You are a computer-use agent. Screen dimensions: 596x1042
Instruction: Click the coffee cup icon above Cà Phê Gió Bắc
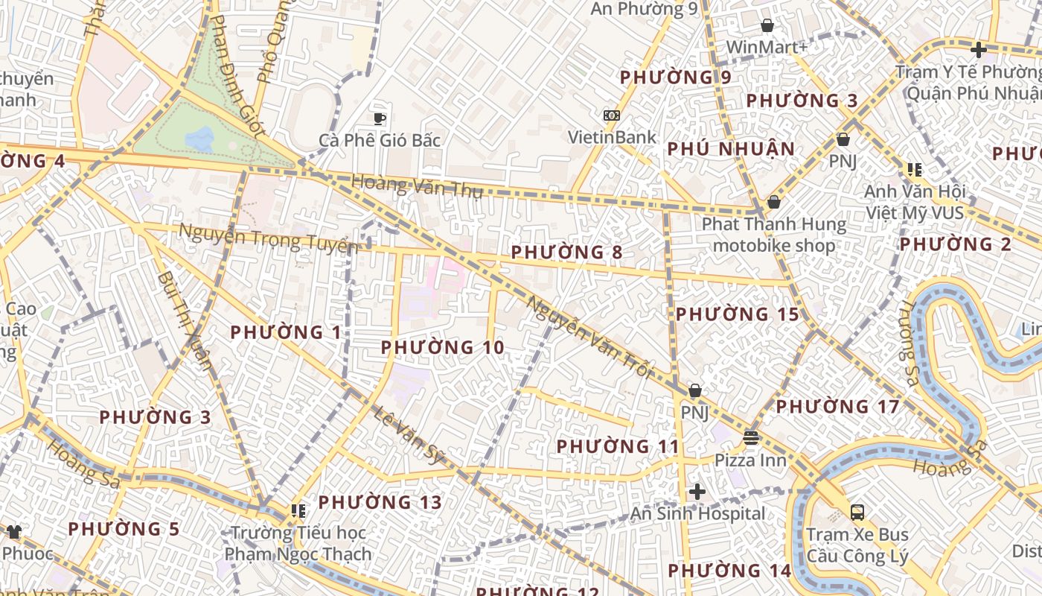[380, 118]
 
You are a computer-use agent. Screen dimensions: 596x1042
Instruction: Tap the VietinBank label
[612, 137]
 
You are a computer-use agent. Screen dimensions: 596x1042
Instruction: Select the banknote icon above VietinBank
[612, 115]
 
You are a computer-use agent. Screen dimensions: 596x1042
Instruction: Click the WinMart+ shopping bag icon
[767, 26]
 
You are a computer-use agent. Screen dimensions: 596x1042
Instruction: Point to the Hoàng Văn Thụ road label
[417, 186]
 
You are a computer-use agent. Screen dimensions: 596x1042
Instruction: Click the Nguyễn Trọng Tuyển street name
[268, 239]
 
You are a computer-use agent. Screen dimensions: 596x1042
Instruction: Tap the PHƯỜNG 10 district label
[442, 347]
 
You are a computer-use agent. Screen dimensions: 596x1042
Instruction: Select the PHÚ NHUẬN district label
[731, 149]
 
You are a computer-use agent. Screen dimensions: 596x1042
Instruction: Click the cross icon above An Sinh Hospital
[697, 492]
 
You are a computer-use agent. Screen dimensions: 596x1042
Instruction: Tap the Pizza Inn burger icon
[750, 437]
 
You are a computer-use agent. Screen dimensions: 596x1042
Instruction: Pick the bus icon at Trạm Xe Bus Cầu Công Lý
[857, 512]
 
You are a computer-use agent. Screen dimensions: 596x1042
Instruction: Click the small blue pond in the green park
[199, 137]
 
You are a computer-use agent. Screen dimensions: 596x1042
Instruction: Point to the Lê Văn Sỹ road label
[408, 435]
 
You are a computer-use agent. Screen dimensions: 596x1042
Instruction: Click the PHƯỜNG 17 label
[837, 407]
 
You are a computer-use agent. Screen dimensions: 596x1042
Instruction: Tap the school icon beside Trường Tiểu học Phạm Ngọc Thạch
[298, 510]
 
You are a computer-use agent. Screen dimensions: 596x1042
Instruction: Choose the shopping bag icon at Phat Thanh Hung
[774, 202]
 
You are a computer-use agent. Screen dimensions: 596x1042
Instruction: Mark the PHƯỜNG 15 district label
[737, 314]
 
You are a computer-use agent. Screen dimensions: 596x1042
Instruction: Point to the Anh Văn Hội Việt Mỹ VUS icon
[914, 170]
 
